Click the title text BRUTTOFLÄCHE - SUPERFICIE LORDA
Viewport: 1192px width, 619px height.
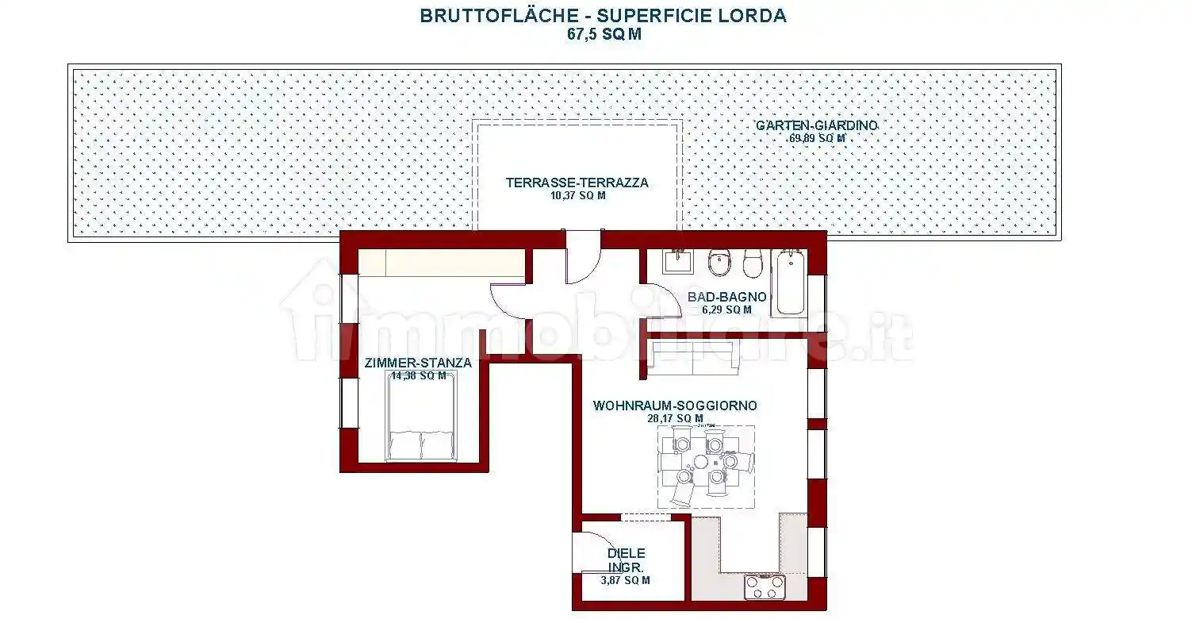(603, 16)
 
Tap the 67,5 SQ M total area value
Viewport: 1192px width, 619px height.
(604, 34)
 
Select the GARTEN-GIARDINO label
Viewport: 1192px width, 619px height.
(816, 126)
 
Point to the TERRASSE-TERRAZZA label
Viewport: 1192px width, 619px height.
(577, 183)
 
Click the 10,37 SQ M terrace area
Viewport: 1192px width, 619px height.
(577, 195)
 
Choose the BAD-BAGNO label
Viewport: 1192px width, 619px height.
(726, 297)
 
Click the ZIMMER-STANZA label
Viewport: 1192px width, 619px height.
(418, 363)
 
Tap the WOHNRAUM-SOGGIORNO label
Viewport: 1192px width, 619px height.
(675, 406)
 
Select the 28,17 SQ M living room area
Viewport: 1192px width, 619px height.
(675, 418)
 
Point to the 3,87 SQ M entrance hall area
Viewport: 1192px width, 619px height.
(626, 580)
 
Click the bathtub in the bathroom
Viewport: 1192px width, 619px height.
(789, 282)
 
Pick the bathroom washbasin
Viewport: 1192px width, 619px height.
(676, 262)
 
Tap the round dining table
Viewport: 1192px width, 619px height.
(701, 462)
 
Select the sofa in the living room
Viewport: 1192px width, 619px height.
(692, 359)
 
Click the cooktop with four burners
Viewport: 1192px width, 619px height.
(765, 587)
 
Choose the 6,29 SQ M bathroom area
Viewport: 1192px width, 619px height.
(726, 309)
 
